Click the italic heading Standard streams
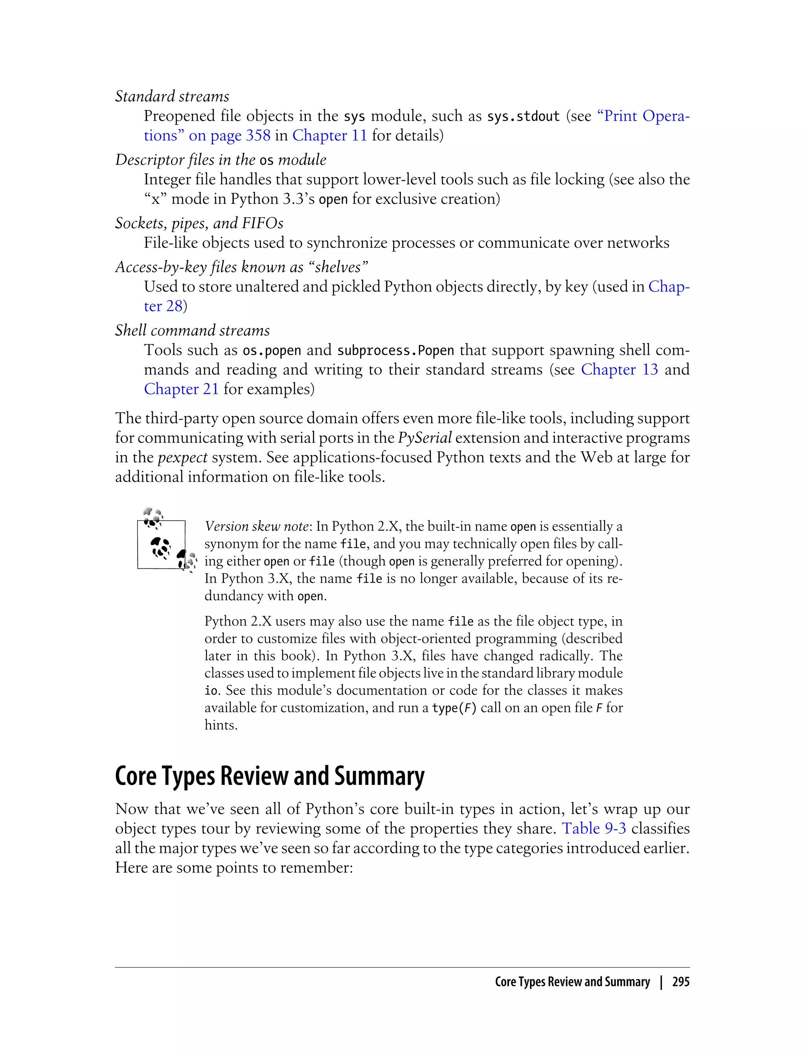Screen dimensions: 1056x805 coord(172,96)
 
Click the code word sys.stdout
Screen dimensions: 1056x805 coord(523,116)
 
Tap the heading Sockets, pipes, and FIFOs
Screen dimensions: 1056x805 coord(199,223)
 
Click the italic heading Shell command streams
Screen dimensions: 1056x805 coord(192,330)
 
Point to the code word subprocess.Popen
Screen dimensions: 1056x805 coord(395,350)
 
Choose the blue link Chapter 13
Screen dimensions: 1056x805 coord(619,370)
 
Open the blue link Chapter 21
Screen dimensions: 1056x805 coord(181,389)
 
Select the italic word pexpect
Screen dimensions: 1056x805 coord(182,457)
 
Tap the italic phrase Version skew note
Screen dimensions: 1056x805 coord(256,526)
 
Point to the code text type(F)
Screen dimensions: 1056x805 coord(454,708)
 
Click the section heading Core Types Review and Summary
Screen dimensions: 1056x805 coord(270,776)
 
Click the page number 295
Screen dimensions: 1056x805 coord(680,982)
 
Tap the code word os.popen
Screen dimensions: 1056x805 coord(272,350)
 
